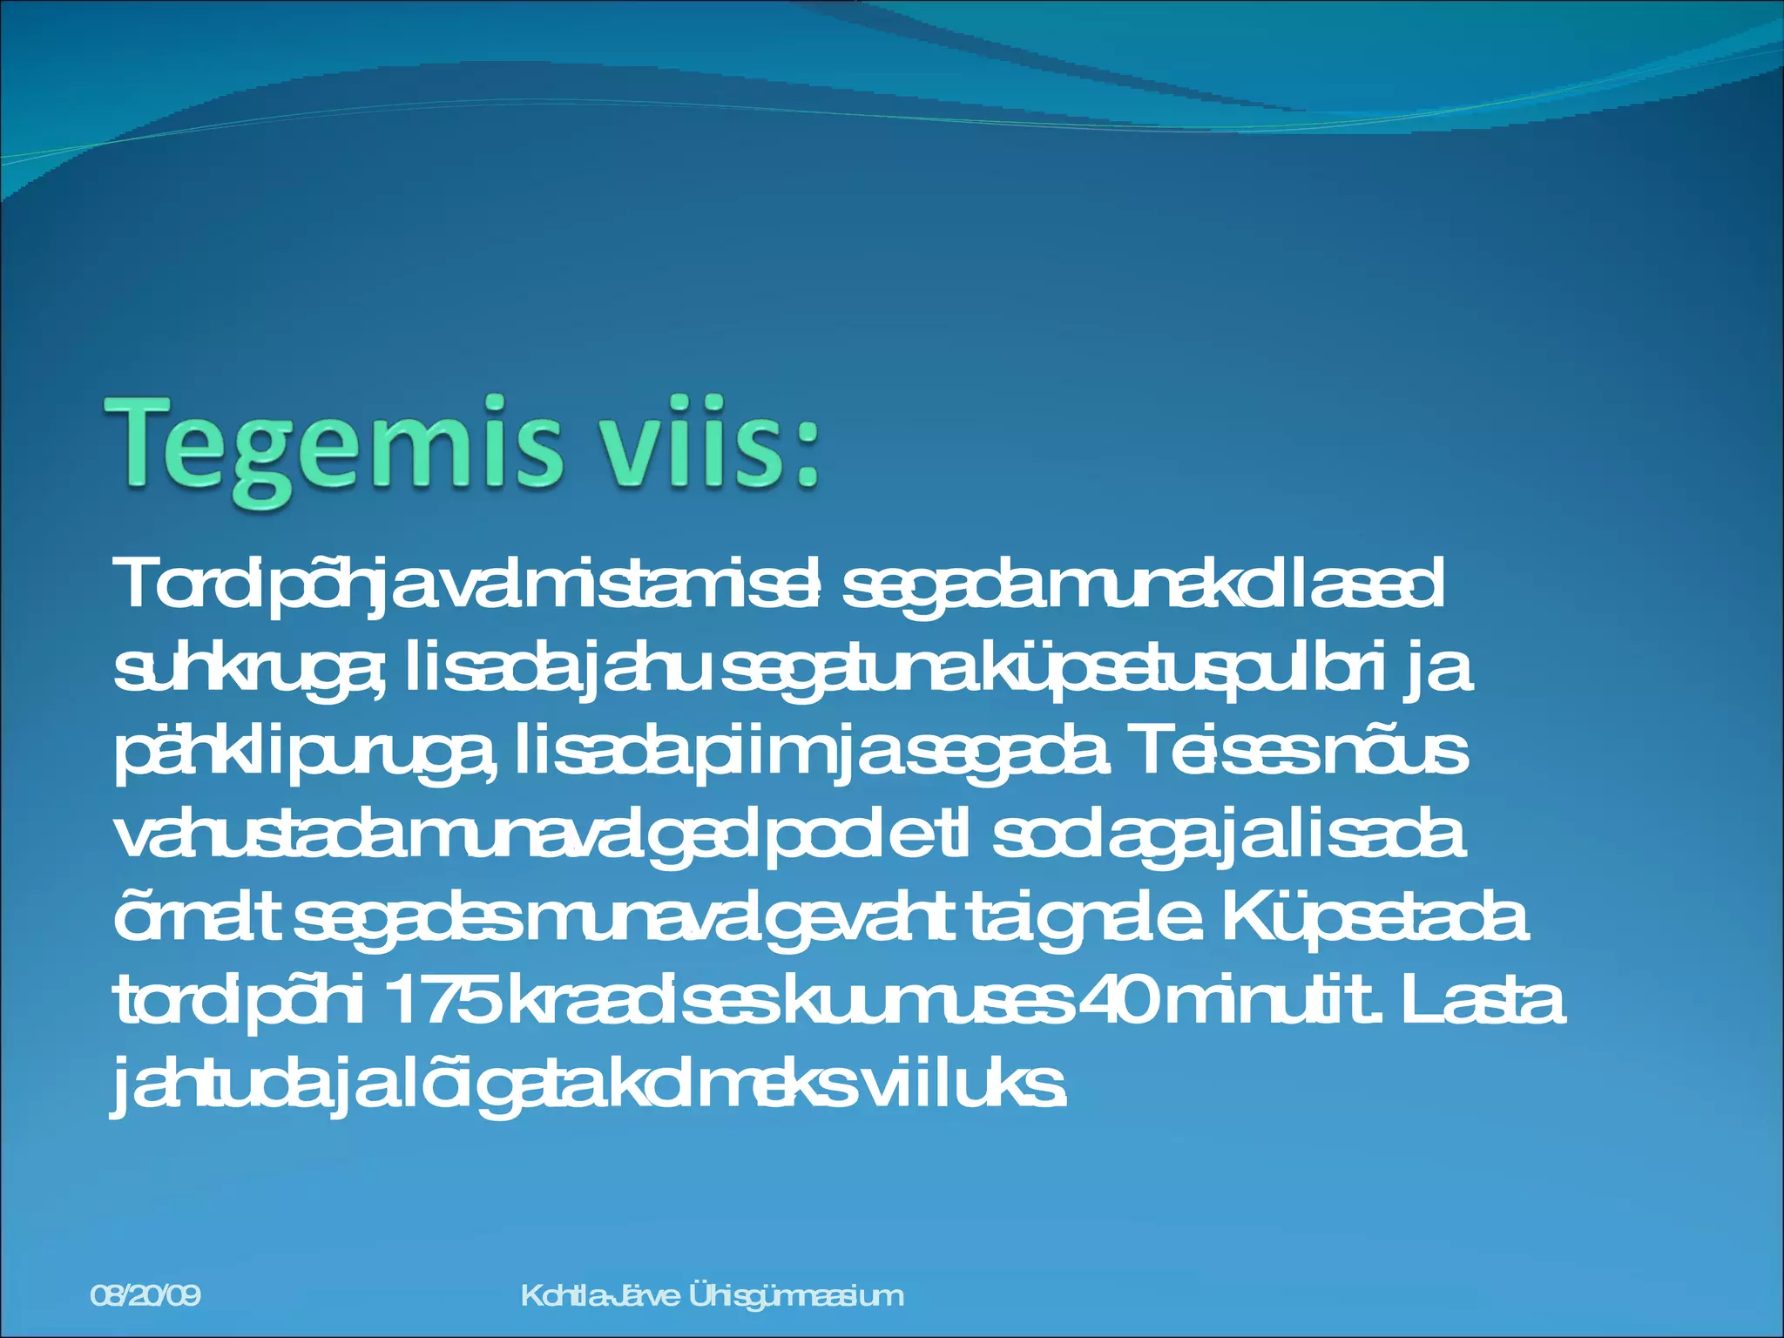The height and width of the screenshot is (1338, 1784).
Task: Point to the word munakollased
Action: pyautogui.click(x=1246, y=585)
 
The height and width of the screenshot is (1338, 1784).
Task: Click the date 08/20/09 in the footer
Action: pyautogui.click(x=146, y=1295)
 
